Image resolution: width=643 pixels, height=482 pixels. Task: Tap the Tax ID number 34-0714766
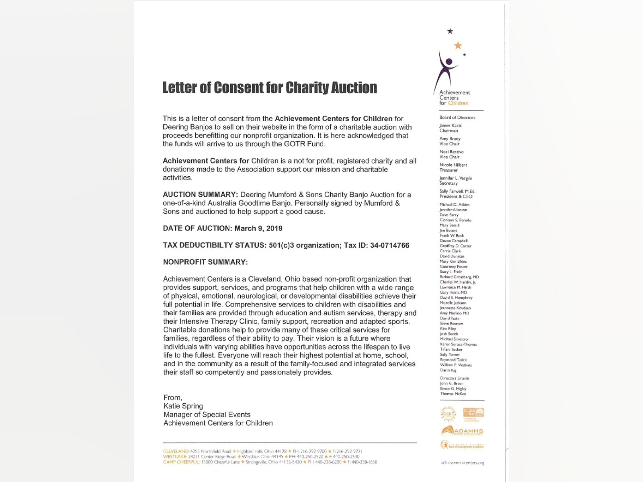point(389,245)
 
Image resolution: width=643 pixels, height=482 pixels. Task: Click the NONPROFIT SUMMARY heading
point(205,262)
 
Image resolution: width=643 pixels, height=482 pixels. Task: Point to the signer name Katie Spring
point(183,406)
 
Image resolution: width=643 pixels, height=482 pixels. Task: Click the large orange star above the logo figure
point(458,45)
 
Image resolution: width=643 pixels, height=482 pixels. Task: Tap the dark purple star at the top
point(450,31)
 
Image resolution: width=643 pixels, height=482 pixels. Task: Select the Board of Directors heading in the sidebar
point(457,118)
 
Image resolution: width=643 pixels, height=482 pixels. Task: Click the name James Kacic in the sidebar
point(451,126)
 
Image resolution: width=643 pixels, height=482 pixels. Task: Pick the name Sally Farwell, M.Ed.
point(457,191)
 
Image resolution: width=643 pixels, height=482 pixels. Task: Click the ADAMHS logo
point(462,431)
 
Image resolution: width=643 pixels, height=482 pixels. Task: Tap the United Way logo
point(473,413)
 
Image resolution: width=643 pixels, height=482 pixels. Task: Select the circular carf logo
point(448,414)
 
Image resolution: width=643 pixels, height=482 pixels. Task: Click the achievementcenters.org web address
point(462,463)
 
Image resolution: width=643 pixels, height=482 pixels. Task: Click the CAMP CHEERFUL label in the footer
point(181,462)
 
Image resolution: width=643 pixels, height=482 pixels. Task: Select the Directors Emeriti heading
point(455,378)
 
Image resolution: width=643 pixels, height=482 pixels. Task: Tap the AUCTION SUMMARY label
point(200,195)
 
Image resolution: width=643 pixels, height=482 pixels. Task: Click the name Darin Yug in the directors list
point(448,370)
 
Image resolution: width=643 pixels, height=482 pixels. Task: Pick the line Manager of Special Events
point(207,415)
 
